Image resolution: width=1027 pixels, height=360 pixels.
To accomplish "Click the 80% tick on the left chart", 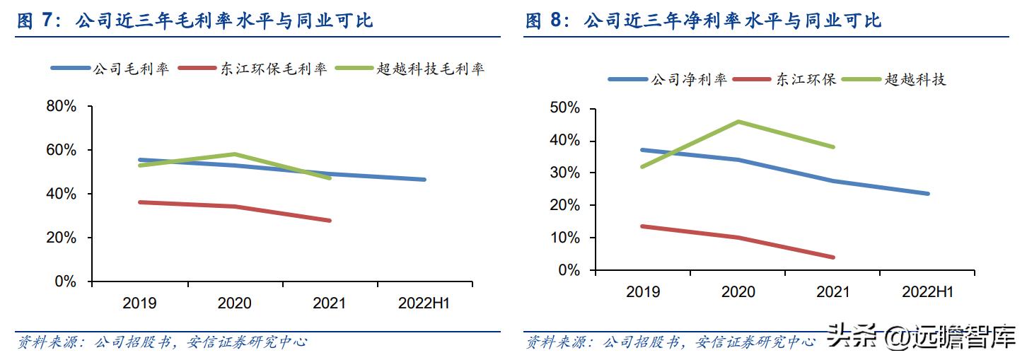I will click(x=61, y=107).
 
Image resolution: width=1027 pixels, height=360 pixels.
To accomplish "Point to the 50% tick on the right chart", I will click(x=565, y=108).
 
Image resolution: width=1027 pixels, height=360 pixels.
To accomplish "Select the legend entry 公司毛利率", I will click(x=130, y=69).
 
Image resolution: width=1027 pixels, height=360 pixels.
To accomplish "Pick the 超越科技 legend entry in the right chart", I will click(x=915, y=79).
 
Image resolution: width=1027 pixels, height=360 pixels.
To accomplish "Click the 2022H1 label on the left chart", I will click(x=424, y=303).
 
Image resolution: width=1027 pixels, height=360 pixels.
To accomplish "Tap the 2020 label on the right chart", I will click(x=738, y=292).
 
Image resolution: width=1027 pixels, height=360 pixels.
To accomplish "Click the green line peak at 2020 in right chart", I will click(x=738, y=122).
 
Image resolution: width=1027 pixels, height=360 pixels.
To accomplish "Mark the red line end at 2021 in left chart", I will click(x=330, y=221).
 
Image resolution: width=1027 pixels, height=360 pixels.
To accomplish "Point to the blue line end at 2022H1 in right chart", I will click(x=927, y=194).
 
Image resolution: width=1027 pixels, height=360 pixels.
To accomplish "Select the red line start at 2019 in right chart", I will click(x=642, y=226).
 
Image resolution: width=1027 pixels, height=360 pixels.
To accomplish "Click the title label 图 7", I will click(x=35, y=21).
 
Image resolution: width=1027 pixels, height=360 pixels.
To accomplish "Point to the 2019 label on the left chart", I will click(x=139, y=303).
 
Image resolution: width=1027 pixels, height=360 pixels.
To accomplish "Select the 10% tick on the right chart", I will click(x=565, y=238).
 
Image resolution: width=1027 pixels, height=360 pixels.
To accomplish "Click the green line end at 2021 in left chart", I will click(x=330, y=178).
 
